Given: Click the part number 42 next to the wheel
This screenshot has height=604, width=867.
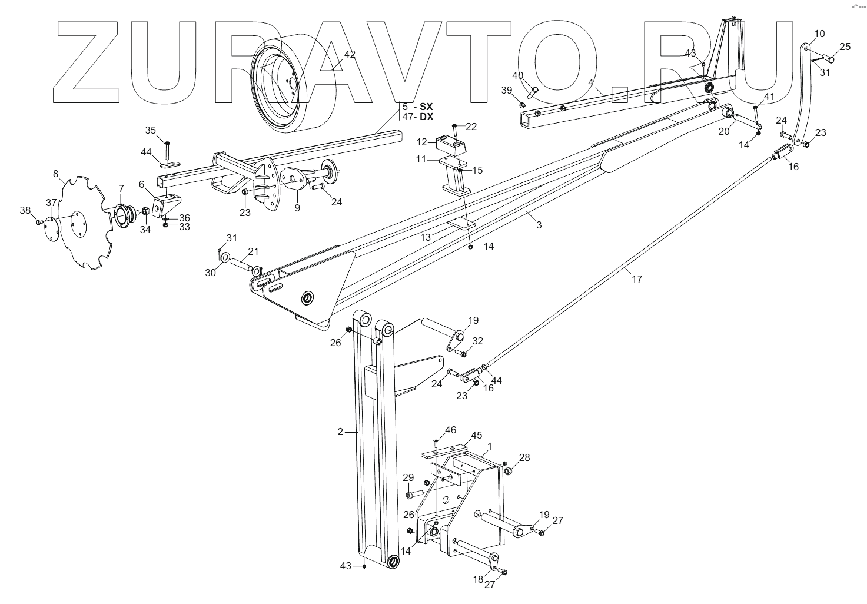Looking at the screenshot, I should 350,54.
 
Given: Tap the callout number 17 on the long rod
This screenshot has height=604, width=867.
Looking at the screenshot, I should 637,279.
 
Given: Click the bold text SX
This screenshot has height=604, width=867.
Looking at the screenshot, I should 427,107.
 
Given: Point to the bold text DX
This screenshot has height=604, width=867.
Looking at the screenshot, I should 427,117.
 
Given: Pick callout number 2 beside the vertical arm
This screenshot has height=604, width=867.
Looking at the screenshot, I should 340,432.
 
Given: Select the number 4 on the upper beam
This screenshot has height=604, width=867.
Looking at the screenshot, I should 590,83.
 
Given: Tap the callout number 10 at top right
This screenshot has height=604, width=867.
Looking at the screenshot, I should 820,34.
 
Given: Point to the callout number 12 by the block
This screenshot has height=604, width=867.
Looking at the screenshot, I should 422,142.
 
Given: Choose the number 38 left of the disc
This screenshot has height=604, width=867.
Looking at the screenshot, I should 25,210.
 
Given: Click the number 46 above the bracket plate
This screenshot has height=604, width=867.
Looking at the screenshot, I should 450,430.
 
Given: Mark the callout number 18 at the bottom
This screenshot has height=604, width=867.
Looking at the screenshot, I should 478,579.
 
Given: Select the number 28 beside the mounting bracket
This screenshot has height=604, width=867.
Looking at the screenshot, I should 524,457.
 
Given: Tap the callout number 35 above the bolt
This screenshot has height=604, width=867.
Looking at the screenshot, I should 151,130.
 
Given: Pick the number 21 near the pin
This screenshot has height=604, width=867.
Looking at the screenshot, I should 253,251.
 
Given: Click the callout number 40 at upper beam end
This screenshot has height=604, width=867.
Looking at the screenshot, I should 517,75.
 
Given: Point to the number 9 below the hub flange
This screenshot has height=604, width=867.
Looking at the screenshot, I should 297,207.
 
